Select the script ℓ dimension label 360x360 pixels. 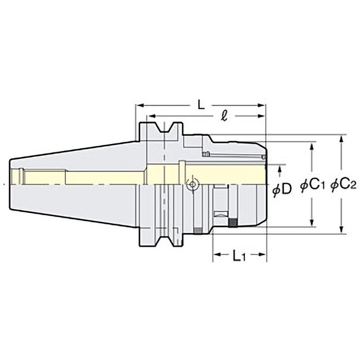(x=224, y=116)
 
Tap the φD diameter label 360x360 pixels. (x=282, y=190)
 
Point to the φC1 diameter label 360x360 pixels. (x=312, y=185)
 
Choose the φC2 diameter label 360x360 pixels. (x=343, y=185)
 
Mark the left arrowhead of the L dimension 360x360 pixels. (x=139, y=105)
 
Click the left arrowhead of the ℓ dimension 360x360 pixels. (x=152, y=116)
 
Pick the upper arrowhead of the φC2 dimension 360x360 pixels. (x=342, y=139)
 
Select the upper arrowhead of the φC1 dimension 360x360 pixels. (x=312, y=146)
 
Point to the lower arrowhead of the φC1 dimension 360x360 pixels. (x=312, y=223)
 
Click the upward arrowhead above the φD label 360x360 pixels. (x=279, y=169)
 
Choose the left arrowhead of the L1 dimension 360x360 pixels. (x=217, y=255)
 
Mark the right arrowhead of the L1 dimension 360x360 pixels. (x=262, y=255)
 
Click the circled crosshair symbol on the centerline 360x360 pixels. (x=193, y=184)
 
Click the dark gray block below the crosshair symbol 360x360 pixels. (x=197, y=231)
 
